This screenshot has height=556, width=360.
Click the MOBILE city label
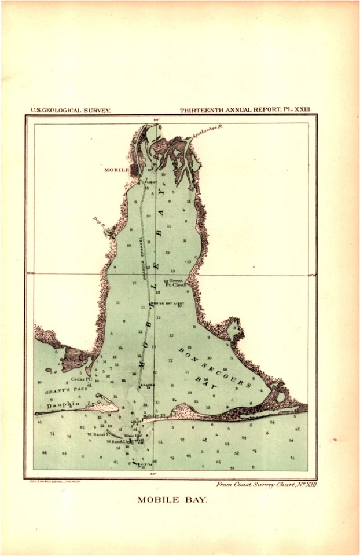click(x=116, y=170)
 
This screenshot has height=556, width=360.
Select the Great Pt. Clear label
click(x=174, y=283)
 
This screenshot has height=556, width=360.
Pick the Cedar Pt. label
click(x=79, y=379)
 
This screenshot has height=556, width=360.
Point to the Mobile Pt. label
click(x=154, y=416)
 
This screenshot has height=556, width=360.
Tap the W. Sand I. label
click(x=97, y=433)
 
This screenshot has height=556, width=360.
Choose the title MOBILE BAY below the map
click(x=171, y=500)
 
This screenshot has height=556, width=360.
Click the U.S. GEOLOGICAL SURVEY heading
click(x=70, y=109)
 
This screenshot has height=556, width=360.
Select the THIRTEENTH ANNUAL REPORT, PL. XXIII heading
click(x=245, y=109)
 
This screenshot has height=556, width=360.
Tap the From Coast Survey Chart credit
click(x=266, y=484)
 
